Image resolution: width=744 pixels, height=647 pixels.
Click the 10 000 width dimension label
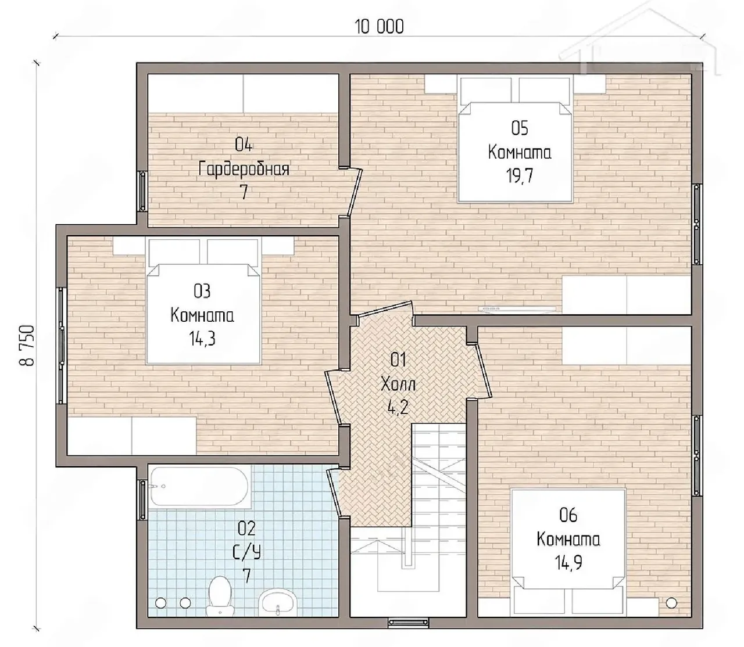pyautogui.click(x=379, y=27)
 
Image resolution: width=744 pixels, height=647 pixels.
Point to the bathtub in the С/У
pyautogui.click(x=200, y=486)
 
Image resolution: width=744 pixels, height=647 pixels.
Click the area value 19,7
pyautogui.click(x=519, y=177)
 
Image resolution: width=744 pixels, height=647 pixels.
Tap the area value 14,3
pyautogui.click(x=202, y=339)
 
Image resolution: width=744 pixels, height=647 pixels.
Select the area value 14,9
pyautogui.click(x=568, y=563)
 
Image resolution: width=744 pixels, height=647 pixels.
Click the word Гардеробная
pyautogui.click(x=244, y=169)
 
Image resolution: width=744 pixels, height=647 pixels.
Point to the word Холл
pyautogui.click(x=398, y=384)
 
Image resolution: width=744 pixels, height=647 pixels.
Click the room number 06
pyautogui.click(x=568, y=515)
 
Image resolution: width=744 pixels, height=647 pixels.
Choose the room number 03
pyautogui.click(x=202, y=292)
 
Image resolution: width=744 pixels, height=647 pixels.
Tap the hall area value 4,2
pyautogui.click(x=398, y=408)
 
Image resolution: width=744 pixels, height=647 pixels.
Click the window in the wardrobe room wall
pyautogui.click(x=142, y=190)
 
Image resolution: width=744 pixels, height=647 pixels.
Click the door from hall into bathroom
pyautogui.click(x=334, y=493)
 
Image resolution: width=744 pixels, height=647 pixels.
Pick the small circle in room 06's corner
pyautogui.click(x=671, y=603)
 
